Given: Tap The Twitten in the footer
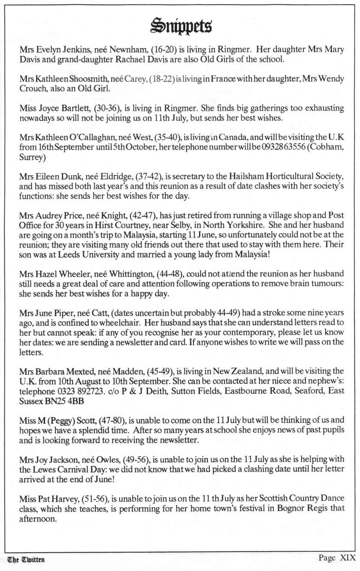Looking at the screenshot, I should [x=26, y=559].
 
